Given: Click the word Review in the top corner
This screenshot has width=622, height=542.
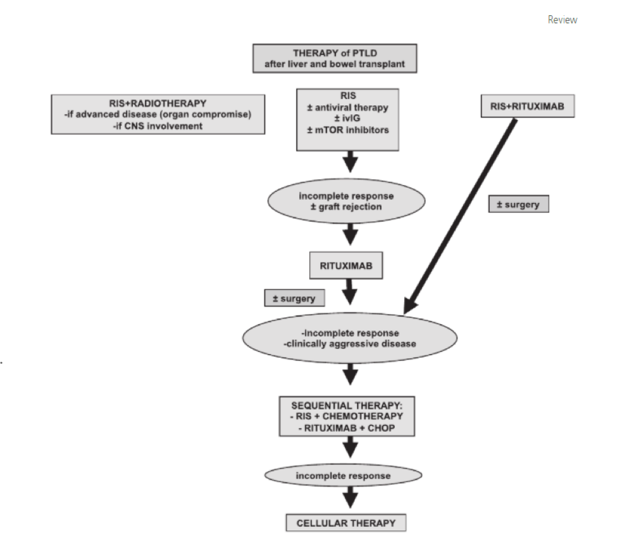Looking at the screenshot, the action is tap(562, 20).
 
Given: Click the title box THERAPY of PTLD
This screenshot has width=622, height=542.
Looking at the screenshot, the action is tap(335, 58).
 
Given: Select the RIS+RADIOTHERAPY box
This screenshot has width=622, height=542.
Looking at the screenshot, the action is tap(158, 114).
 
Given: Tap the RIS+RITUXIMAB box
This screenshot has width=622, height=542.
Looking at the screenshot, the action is tap(527, 106).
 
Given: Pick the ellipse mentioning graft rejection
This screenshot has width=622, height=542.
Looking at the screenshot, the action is tap(346, 201).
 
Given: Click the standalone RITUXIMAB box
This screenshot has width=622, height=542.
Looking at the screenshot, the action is tap(346, 265).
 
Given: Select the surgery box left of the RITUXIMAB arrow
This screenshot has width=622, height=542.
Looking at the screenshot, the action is tap(294, 298).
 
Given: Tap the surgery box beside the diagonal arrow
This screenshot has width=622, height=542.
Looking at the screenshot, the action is tap(519, 204).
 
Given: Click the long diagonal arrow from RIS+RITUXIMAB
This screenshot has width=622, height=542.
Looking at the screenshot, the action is tap(460, 216).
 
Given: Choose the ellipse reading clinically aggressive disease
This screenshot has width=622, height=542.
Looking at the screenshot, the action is tap(349, 338).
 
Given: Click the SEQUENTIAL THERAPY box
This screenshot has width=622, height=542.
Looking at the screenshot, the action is tap(347, 416).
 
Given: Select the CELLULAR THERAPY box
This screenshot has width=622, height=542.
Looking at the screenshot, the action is tap(346, 523).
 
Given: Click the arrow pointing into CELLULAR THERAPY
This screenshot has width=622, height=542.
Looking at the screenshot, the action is tap(350, 497).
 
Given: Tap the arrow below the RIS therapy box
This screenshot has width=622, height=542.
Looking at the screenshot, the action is tap(350, 162).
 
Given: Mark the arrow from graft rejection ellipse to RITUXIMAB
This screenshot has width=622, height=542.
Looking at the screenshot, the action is tap(350, 234).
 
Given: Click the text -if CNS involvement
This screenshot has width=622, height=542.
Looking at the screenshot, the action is tap(158, 126).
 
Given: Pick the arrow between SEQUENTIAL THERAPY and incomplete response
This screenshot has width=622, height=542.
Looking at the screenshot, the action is tap(350, 448).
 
